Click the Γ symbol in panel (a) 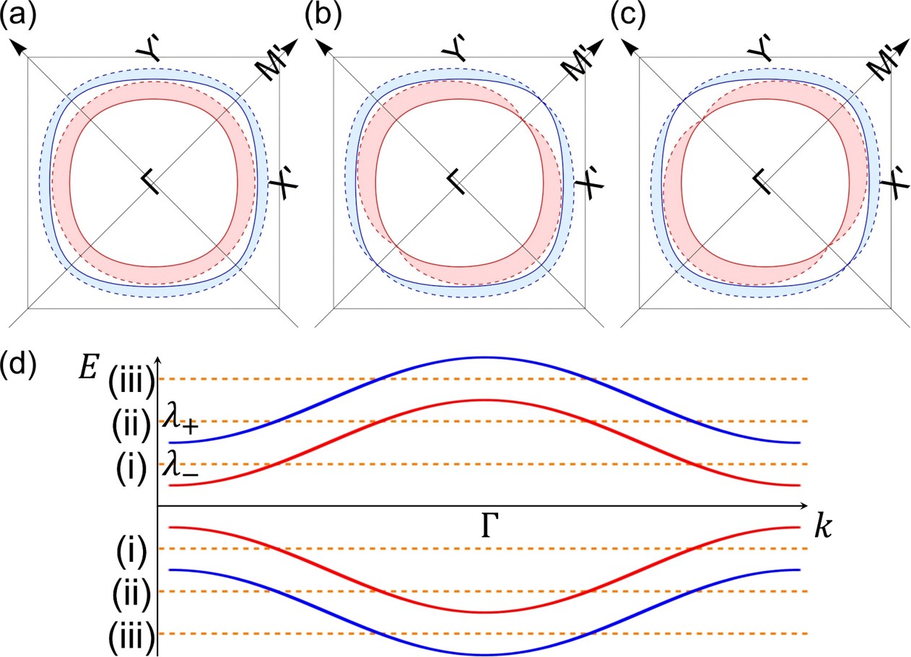(x=150, y=183)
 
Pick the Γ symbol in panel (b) (x=455, y=183)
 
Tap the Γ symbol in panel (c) (x=761, y=183)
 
